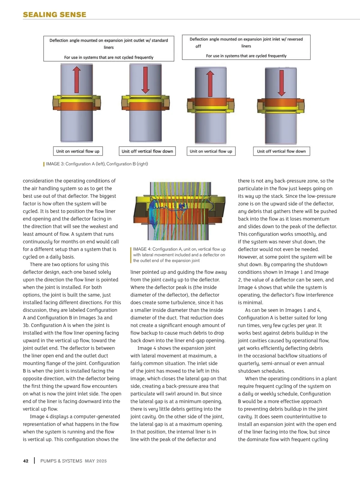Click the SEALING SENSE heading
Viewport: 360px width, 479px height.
point(54,15)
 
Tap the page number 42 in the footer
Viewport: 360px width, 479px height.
point(26,461)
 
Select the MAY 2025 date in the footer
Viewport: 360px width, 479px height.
point(96,461)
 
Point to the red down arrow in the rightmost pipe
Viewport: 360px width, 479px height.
point(281,82)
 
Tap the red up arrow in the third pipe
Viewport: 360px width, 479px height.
point(210,84)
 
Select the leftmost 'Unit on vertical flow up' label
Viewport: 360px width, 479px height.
point(78,151)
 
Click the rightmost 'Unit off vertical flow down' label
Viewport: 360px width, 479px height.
point(281,151)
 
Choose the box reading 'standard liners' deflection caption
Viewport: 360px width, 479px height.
point(109,49)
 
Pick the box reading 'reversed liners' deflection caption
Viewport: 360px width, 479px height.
point(246,47)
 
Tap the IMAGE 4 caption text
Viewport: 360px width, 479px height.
point(179,255)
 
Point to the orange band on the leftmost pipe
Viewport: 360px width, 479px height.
point(77,106)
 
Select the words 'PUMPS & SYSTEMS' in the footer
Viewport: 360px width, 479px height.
point(61,461)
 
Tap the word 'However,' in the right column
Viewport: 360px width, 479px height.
point(247,257)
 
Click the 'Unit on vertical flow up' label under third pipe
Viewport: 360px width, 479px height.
point(211,151)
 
